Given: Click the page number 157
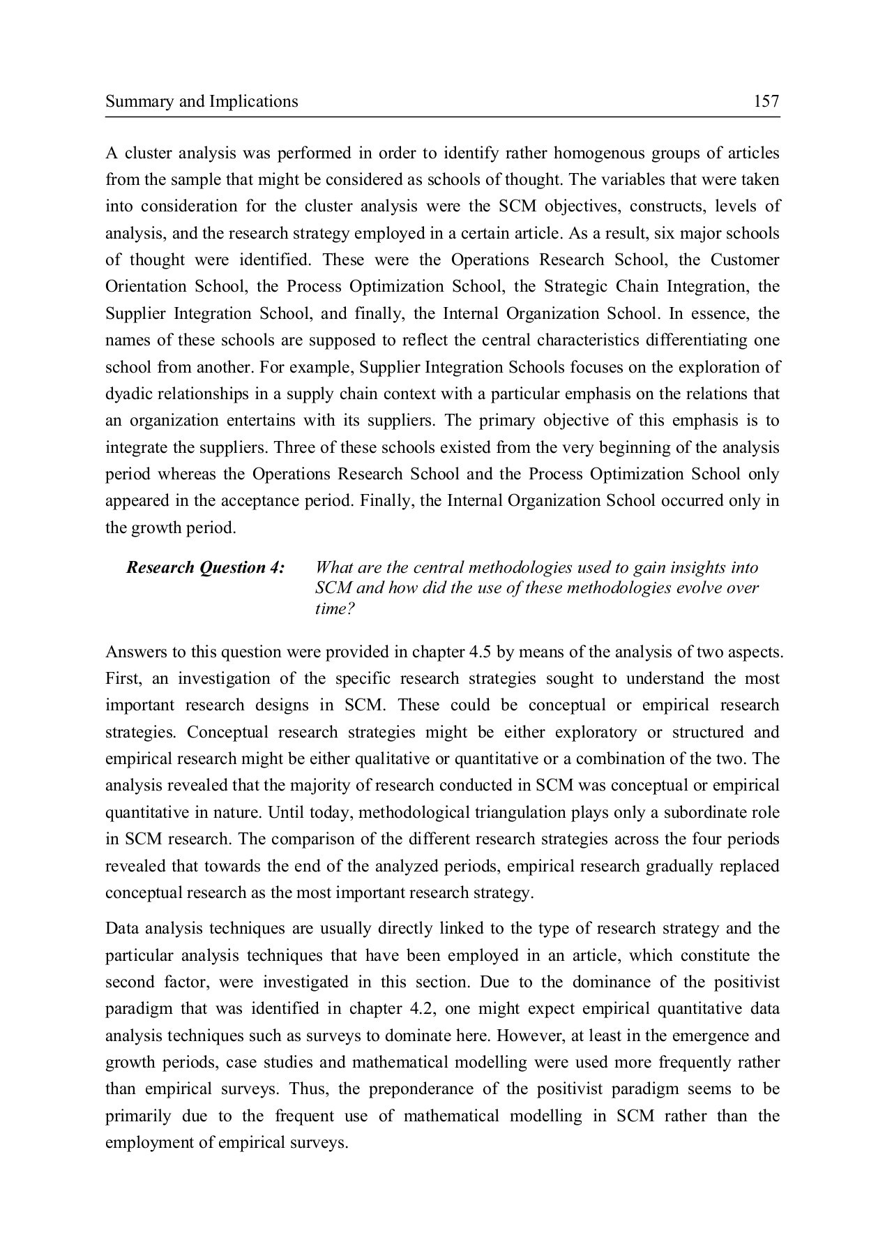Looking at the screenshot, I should [x=766, y=102].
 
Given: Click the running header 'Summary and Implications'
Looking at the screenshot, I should [x=202, y=102].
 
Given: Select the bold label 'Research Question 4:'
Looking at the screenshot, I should [x=205, y=567].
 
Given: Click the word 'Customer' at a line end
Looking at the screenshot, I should [x=745, y=260].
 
